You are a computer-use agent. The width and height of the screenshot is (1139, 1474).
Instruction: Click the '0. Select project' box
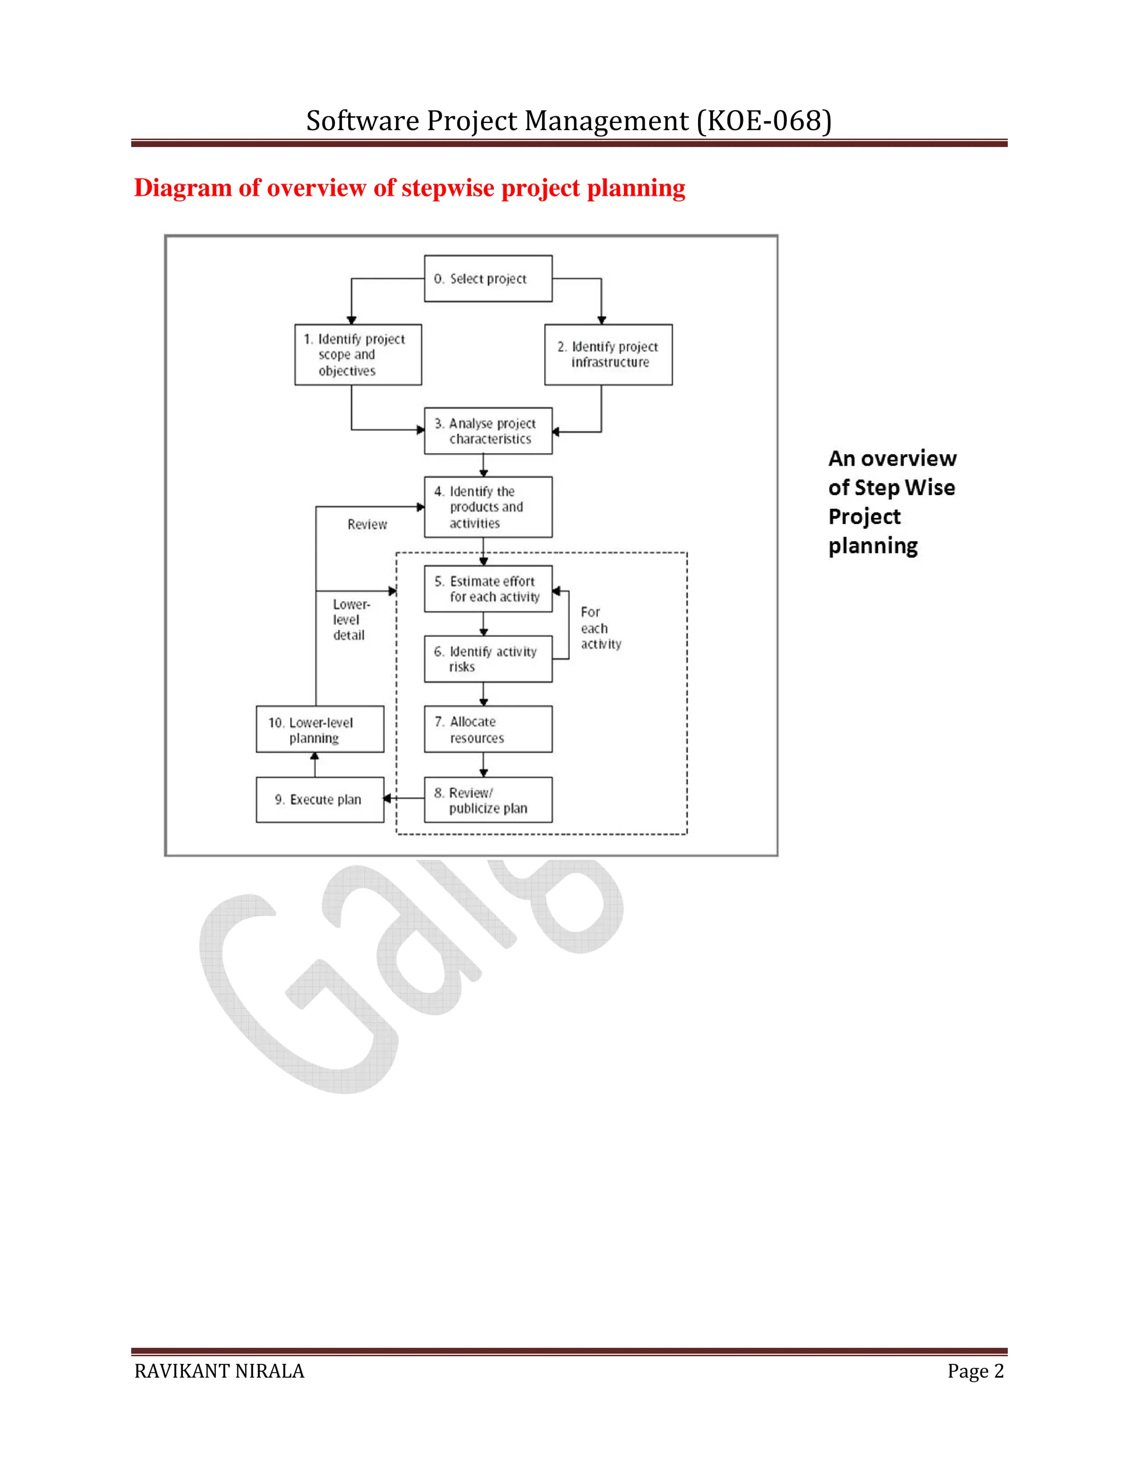pyautogui.click(x=488, y=278)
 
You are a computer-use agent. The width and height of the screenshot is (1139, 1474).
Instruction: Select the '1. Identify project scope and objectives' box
pyautogui.click(x=358, y=354)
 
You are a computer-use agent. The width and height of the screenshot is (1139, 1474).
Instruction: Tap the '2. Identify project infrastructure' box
pyautogui.click(x=608, y=354)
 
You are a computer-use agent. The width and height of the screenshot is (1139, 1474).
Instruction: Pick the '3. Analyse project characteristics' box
pyautogui.click(x=488, y=431)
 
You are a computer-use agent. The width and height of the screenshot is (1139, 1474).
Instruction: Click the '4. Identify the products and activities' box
pyautogui.click(x=488, y=507)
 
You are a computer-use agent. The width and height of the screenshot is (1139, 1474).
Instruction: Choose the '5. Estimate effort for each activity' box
pyautogui.click(x=488, y=588)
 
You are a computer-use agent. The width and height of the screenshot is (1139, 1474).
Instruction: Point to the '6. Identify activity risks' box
pyautogui.click(x=488, y=659)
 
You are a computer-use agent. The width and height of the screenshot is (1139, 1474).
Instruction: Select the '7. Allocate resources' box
pyautogui.click(x=488, y=729)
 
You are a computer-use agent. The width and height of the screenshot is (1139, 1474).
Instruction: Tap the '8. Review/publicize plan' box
pyautogui.click(x=488, y=800)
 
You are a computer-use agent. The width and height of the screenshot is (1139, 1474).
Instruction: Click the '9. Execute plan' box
pyautogui.click(x=320, y=800)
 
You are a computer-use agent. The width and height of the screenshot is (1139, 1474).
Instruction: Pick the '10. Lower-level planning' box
pyautogui.click(x=320, y=729)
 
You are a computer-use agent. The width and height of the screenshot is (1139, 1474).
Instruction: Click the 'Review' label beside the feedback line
pyautogui.click(x=367, y=525)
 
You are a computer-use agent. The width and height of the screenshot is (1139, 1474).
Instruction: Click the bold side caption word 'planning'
pyautogui.click(x=873, y=545)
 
